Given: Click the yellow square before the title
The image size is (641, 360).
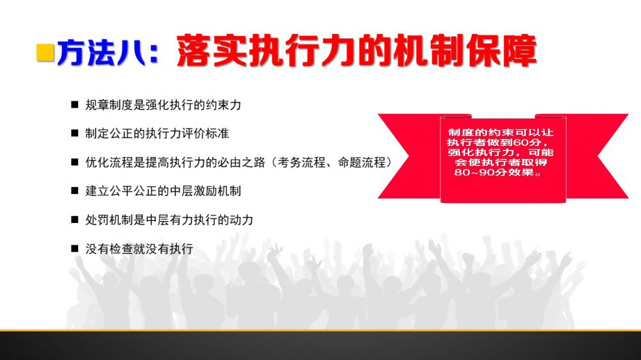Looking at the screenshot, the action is [x=46, y=53].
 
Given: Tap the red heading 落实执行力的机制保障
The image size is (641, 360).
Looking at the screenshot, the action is [x=356, y=51].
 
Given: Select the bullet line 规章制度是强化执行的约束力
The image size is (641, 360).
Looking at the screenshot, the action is [x=163, y=105].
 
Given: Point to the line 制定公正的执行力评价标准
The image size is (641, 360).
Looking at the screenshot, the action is [x=157, y=133].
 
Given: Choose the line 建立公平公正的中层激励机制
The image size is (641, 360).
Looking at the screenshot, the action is [x=163, y=191].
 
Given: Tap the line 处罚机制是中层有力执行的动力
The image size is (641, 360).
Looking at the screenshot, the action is [x=169, y=220].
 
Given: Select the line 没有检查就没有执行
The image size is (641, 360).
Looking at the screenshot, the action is [x=139, y=249].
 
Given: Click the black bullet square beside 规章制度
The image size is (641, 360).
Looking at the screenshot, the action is [x=74, y=104].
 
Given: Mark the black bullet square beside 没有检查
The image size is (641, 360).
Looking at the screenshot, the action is [x=74, y=249].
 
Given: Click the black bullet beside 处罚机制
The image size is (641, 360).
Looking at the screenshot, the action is [x=74, y=220].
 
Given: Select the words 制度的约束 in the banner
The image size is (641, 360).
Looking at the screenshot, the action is [x=474, y=133].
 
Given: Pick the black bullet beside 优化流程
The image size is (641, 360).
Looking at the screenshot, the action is [x=74, y=162].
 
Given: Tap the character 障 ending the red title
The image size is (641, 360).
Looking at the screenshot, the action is [x=520, y=51].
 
